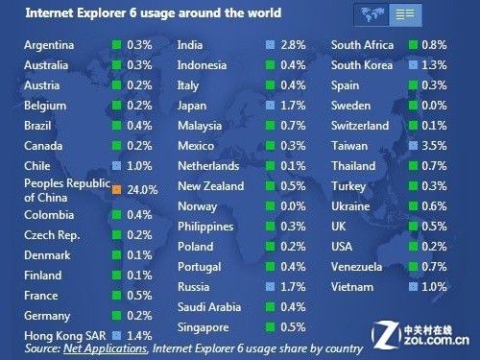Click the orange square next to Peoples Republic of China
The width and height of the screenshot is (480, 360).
click(x=116, y=190)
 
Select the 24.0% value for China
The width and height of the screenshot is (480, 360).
click(x=142, y=190)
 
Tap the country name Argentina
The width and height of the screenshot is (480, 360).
click(x=49, y=45)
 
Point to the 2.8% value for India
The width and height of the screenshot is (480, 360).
click(x=293, y=45)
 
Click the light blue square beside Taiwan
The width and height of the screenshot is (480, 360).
click(x=413, y=146)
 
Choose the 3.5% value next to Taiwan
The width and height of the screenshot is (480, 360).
click(x=434, y=146)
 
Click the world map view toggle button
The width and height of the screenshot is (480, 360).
click(x=372, y=14)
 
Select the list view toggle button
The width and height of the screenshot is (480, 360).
click(x=405, y=14)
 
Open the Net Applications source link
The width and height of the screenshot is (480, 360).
click(x=106, y=348)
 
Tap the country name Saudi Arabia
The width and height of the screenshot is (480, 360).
click(x=209, y=307)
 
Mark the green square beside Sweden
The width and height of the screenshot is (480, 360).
click(x=413, y=106)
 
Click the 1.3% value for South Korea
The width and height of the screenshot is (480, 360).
click(x=434, y=65)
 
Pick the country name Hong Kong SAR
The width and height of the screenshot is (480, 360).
click(x=65, y=336)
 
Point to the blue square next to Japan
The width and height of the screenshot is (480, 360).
click(x=271, y=106)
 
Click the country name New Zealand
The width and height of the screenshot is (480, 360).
click(x=211, y=186)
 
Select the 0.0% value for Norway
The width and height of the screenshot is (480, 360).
click(x=293, y=206)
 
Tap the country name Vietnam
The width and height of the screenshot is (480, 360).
click(x=352, y=287)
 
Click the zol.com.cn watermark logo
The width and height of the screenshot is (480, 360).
click(x=420, y=335)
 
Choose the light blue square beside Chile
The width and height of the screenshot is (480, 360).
click(x=116, y=166)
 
